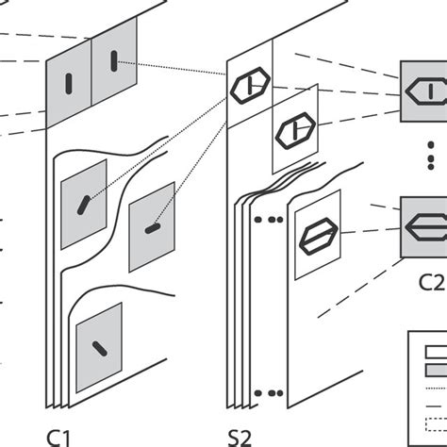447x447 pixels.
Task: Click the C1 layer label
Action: click(x=58, y=438)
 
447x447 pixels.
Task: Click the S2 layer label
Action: click(x=240, y=438)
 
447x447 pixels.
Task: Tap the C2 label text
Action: click(x=432, y=282)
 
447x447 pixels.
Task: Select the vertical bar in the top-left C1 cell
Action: click(x=69, y=84)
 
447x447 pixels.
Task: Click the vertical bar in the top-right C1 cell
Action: click(x=114, y=61)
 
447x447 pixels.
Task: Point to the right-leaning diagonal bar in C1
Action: click(x=84, y=205)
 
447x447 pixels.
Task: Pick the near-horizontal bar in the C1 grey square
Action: click(x=153, y=228)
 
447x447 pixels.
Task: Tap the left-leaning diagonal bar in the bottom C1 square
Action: click(x=100, y=349)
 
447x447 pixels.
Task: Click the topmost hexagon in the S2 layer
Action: click(x=250, y=86)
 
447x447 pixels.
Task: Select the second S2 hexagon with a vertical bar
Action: click(x=295, y=130)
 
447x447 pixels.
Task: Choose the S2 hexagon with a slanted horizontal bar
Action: click(x=319, y=236)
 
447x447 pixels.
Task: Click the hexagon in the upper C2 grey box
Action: click(x=426, y=91)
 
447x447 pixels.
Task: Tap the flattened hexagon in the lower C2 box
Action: click(x=426, y=227)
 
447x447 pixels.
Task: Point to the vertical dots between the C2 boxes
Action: click(x=431, y=156)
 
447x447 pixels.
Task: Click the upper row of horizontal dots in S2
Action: click(x=269, y=220)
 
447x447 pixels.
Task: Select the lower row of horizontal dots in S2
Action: click(x=269, y=393)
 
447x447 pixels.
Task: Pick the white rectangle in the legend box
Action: click(x=437, y=352)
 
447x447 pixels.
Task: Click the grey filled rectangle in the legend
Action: click(x=437, y=370)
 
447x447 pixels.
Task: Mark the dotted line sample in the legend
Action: click(x=437, y=389)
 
